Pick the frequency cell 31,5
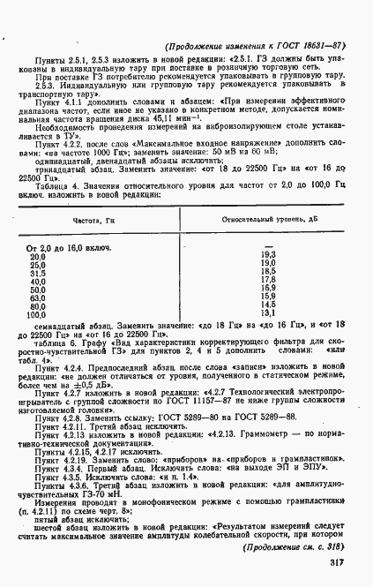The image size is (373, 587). tap(38, 272)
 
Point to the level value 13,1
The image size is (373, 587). tap(269, 312)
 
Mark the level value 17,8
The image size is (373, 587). tap(269, 280)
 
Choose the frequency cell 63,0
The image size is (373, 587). tap(38, 297)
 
